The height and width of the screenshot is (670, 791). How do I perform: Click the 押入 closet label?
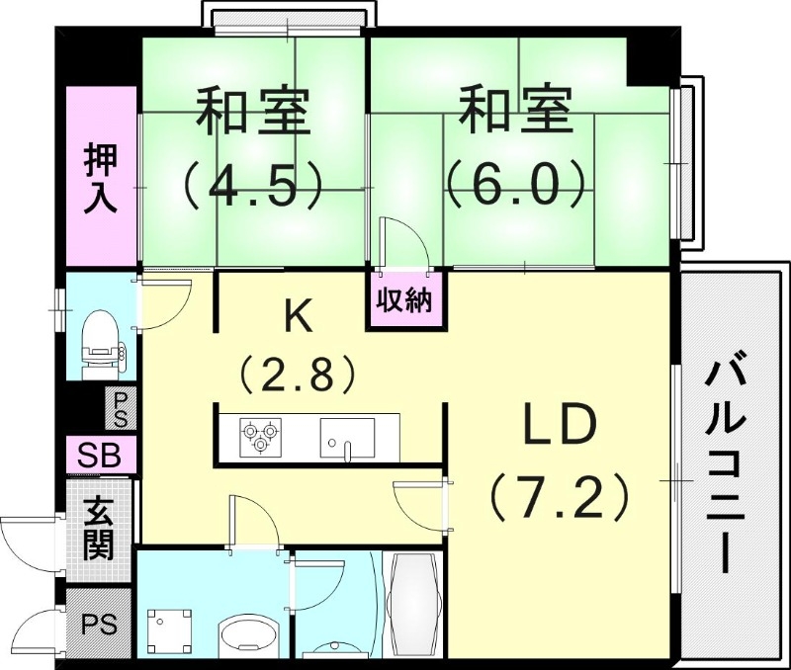click(x=101, y=178)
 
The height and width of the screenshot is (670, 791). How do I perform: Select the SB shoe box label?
click(x=100, y=457)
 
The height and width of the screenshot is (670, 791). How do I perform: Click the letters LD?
click(x=560, y=427)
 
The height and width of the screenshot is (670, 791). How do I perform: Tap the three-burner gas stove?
click(x=261, y=436)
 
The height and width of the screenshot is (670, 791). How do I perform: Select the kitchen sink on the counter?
click(x=347, y=437)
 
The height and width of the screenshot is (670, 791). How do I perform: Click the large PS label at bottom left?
click(x=99, y=625)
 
